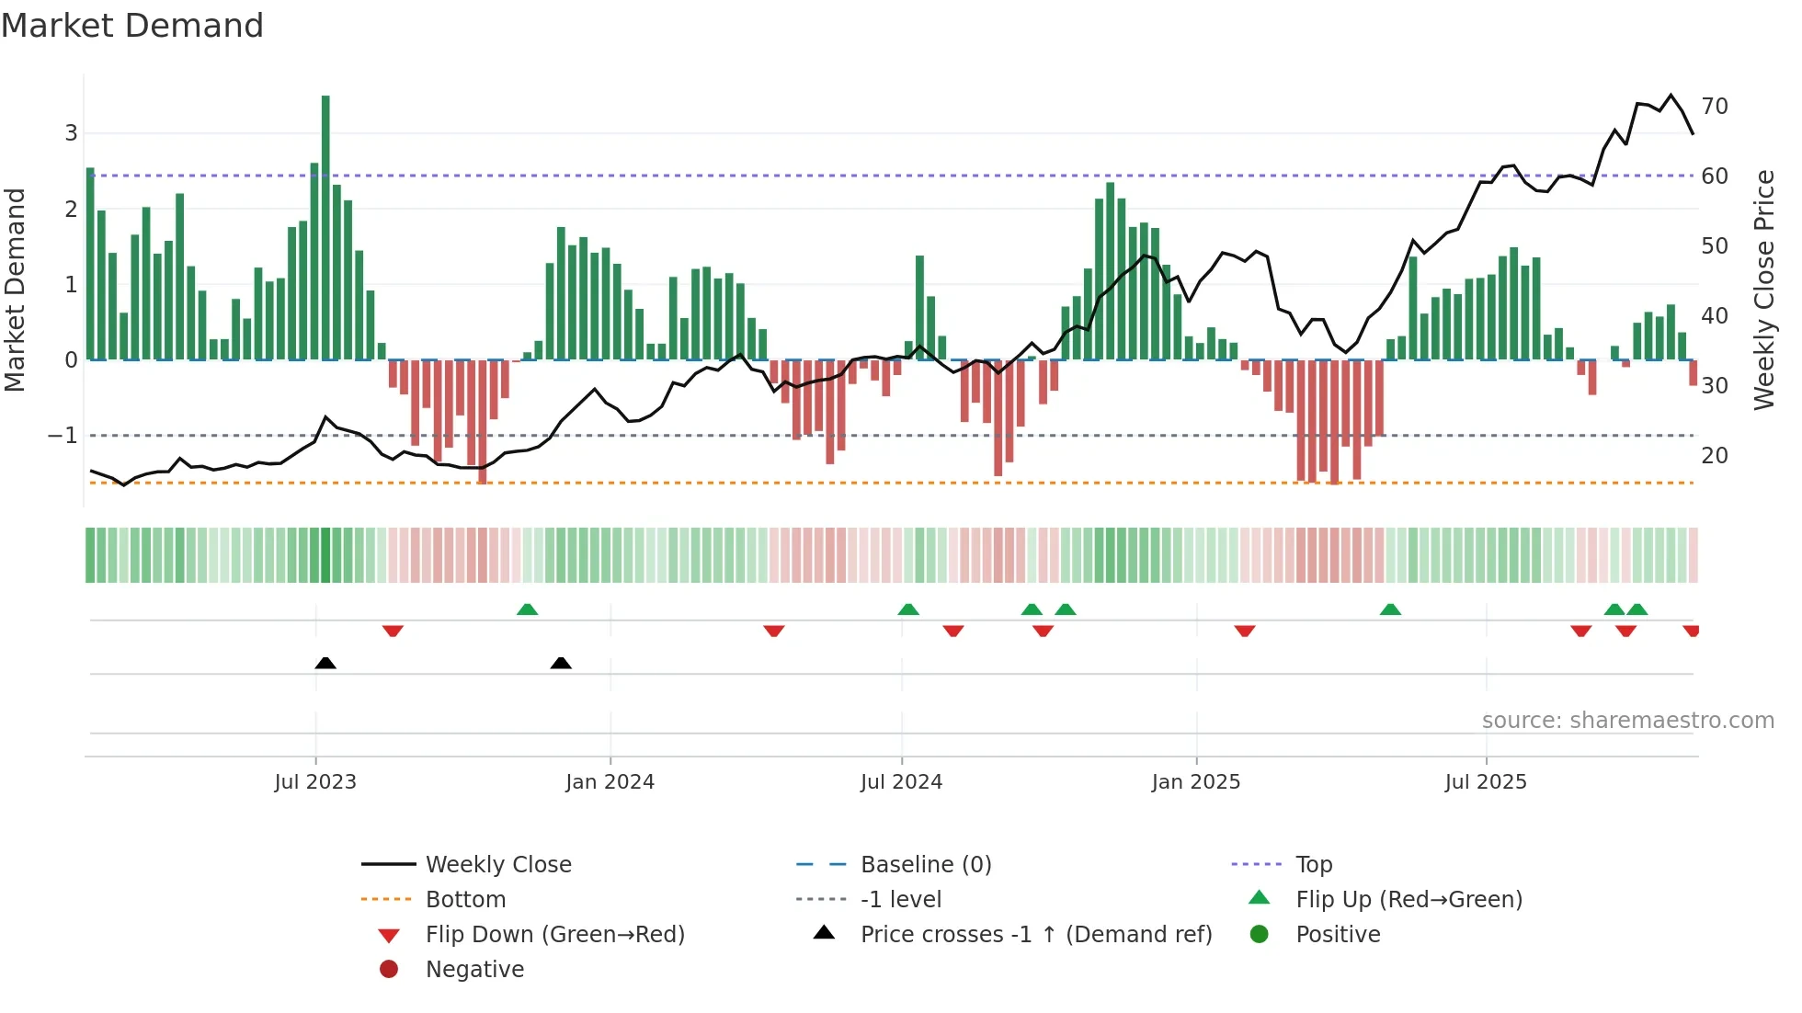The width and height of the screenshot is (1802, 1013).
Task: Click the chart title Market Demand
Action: click(x=132, y=26)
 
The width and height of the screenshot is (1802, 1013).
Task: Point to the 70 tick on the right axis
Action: click(x=1714, y=107)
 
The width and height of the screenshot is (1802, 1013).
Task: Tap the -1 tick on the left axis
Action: click(x=63, y=436)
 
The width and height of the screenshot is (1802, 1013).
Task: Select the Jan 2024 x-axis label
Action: click(x=610, y=782)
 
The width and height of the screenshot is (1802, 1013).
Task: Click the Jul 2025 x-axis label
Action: click(x=1485, y=782)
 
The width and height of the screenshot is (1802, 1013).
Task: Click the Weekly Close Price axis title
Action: click(x=1763, y=290)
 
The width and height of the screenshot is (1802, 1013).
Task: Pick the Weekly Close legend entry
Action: click(x=497, y=865)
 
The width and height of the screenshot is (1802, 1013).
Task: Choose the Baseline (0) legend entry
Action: click(x=925, y=865)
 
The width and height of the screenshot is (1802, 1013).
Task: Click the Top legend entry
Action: click(x=1313, y=865)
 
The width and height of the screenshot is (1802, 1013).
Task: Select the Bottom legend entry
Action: click(x=465, y=900)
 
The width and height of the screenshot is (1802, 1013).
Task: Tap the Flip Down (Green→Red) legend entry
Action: click(x=554, y=935)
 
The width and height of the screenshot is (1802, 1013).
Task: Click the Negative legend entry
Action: click(x=474, y=970)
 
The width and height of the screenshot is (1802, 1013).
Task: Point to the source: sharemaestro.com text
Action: click(x=1627, y=721)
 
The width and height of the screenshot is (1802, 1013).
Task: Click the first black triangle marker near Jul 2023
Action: click(x=325, y=663)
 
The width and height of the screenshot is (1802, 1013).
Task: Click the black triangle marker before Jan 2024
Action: click(x=561, y=663)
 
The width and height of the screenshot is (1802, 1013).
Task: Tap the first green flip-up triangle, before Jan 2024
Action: click(x=527, y=609)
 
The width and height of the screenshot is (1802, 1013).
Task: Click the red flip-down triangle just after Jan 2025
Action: click(x=1245, y=631)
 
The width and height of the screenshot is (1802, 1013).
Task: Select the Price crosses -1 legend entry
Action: click(x=1035, y=935)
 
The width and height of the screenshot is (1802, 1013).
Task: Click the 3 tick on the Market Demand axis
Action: click(x=71, y=133)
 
